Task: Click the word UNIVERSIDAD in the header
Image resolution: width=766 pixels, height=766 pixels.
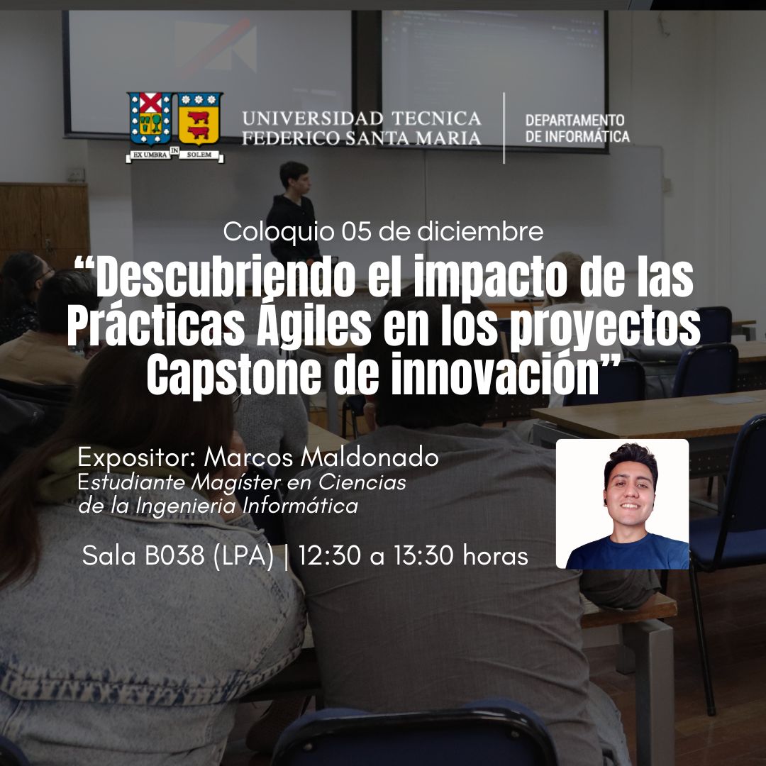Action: [x=312, y=118]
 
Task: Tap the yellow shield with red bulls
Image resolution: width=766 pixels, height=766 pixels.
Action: [x=199, y=118]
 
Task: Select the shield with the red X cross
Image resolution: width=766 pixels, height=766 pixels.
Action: [x=150, y=118]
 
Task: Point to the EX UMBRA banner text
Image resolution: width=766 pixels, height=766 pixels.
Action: [x=148, y=155]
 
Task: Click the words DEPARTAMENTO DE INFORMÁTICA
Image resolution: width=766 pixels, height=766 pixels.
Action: [x=577, y=128]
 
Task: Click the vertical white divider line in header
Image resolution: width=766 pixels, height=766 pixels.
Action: [x=504, y=128]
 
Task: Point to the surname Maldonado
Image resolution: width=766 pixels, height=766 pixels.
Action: [x=370, y=457]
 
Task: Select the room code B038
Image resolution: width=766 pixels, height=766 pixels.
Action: [x=174, y=555]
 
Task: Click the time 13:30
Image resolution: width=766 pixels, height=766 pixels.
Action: [x=424, y=555]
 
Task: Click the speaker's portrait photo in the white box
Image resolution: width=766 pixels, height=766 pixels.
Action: [x=623, y=504]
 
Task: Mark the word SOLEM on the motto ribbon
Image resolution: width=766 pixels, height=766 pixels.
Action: [x=199, y=155]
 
